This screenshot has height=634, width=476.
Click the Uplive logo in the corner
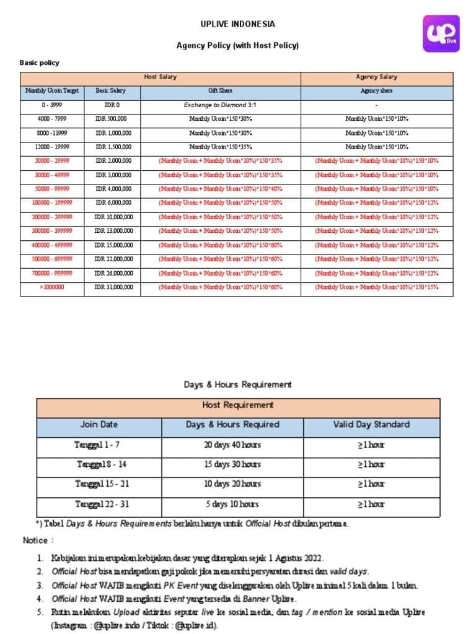point(441,35)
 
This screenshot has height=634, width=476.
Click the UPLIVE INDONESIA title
point(237,25)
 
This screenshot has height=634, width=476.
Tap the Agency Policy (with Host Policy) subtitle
point(237,45)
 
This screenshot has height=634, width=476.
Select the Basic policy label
point(40,63)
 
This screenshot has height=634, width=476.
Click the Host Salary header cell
point(160,77)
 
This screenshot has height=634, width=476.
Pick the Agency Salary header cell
point(376,77)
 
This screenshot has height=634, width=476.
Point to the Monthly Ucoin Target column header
point(52,91)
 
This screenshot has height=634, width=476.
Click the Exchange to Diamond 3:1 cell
point(220,105)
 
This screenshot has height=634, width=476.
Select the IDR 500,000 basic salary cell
point(112,119)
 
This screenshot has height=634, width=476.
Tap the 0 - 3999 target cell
point(52,105)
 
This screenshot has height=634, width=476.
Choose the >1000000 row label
point(52,287)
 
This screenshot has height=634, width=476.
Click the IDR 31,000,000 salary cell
point(113,287)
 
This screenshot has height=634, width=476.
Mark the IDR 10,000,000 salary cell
point(113,217)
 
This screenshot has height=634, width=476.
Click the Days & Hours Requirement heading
point(237,384)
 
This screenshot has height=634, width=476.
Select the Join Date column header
point(99,425)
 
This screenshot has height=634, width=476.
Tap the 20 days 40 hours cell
point(232,445)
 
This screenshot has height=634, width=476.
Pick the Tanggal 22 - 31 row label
point(102,504)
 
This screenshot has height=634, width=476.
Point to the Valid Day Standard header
point(371,425)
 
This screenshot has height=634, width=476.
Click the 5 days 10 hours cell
point(232,504)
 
